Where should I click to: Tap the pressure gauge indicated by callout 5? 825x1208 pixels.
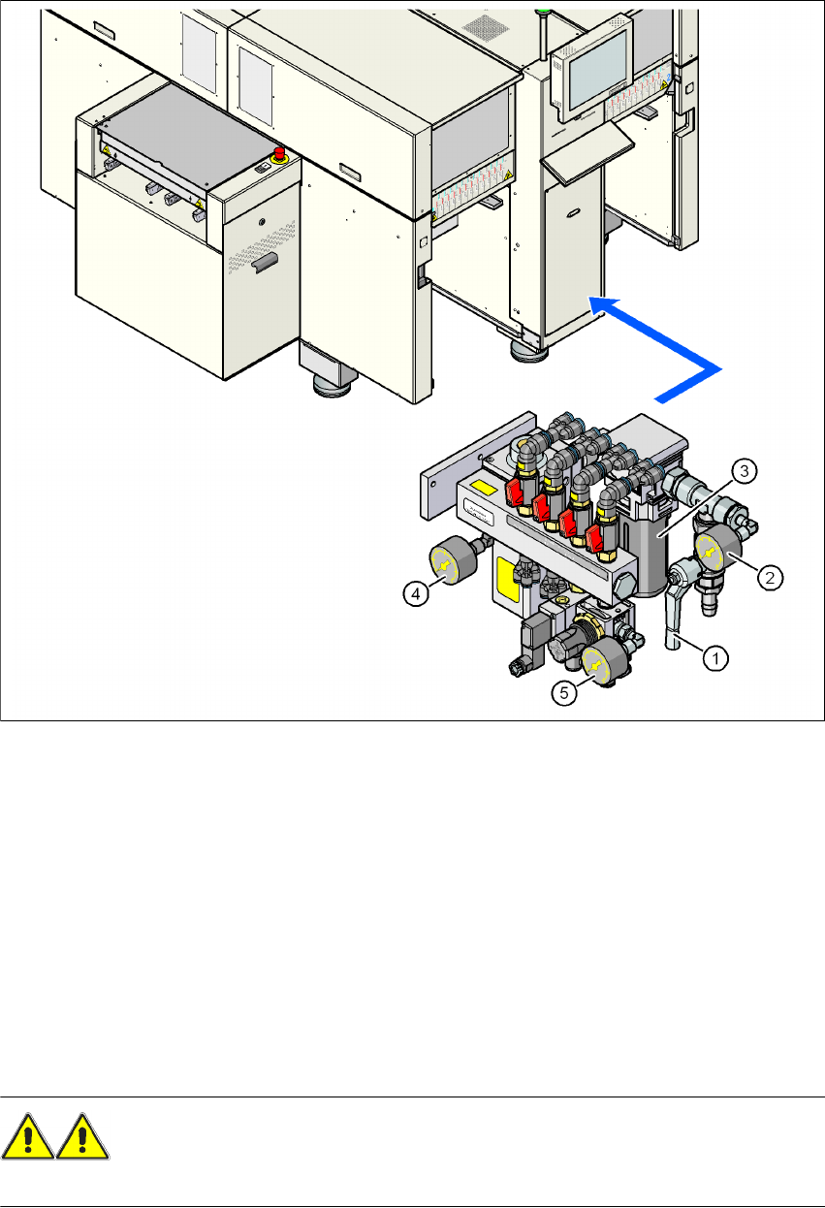point(593,662)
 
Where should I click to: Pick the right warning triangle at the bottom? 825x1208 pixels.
point(83,1136)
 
